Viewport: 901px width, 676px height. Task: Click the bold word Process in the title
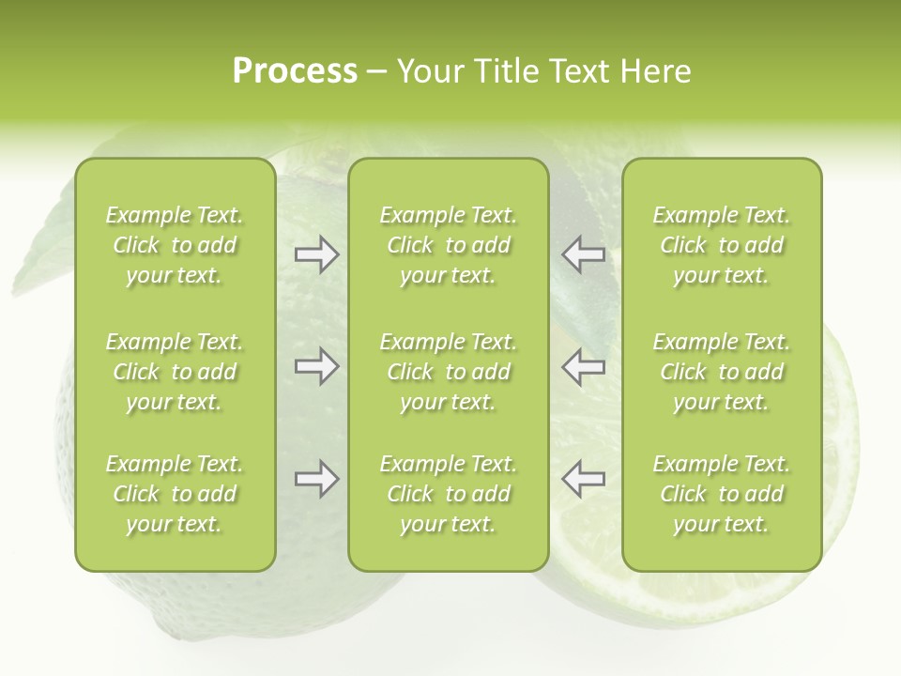[295, 71]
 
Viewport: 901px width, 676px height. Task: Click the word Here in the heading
[656, 71]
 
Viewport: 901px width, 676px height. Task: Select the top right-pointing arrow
[316, 254]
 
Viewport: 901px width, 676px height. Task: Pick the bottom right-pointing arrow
[316, 479]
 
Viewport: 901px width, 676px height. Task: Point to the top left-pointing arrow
[584, 254]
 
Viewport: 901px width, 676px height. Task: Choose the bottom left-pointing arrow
[584, 479]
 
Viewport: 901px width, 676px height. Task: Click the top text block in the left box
[175, 245]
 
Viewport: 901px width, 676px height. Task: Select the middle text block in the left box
[175, 372]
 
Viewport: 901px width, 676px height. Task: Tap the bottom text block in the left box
[175, 494]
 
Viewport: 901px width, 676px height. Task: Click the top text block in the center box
[448, 245]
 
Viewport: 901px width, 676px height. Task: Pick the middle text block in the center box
[448, 372]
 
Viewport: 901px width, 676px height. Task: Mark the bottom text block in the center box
[448, 494]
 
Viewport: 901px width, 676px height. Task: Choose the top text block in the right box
[721, 245]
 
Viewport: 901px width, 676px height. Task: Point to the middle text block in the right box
[721, 372]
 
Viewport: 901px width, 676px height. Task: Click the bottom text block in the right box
[721, 494]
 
